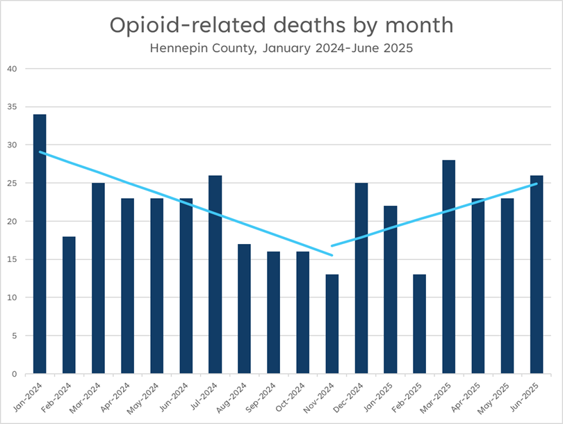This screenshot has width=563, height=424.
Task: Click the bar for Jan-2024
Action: (x=40, y=244)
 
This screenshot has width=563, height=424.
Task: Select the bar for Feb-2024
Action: (x=69, y=305)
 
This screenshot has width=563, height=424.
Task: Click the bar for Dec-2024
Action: (x=361, y=278)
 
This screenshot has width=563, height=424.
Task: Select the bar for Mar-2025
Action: (x=449, y=267)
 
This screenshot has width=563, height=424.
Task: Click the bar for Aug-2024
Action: (x=245, y=309)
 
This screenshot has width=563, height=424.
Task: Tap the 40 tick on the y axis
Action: (x=11, y=69)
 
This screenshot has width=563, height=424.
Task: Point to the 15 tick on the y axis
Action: (x=11, y=259)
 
